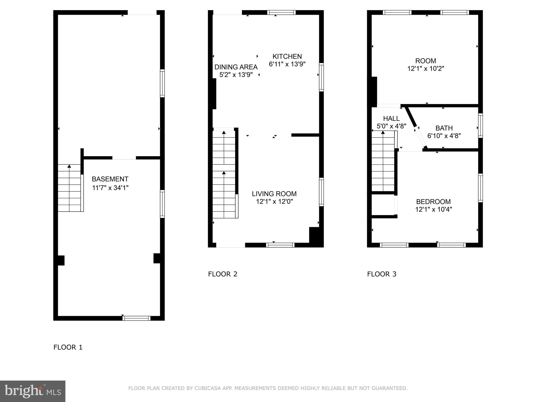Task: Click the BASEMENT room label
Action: [110, 179]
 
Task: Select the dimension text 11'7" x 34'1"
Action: [110, 188]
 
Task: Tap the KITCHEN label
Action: [287, 57]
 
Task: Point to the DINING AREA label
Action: [236, 67]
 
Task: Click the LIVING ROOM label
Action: [274, 194]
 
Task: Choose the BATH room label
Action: [444, 128]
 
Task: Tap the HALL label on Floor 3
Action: [391, 118]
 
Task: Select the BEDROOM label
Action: [433, 202]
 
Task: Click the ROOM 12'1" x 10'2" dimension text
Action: [426, 69]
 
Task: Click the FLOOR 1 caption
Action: [68, 347]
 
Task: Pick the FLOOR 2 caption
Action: [223, 274]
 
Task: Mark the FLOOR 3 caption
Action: [382, 274]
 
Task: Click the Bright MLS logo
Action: [32, 391]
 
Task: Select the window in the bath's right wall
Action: [481, 126]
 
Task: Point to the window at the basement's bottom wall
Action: [136, 318]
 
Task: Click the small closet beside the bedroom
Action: [383, 205]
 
